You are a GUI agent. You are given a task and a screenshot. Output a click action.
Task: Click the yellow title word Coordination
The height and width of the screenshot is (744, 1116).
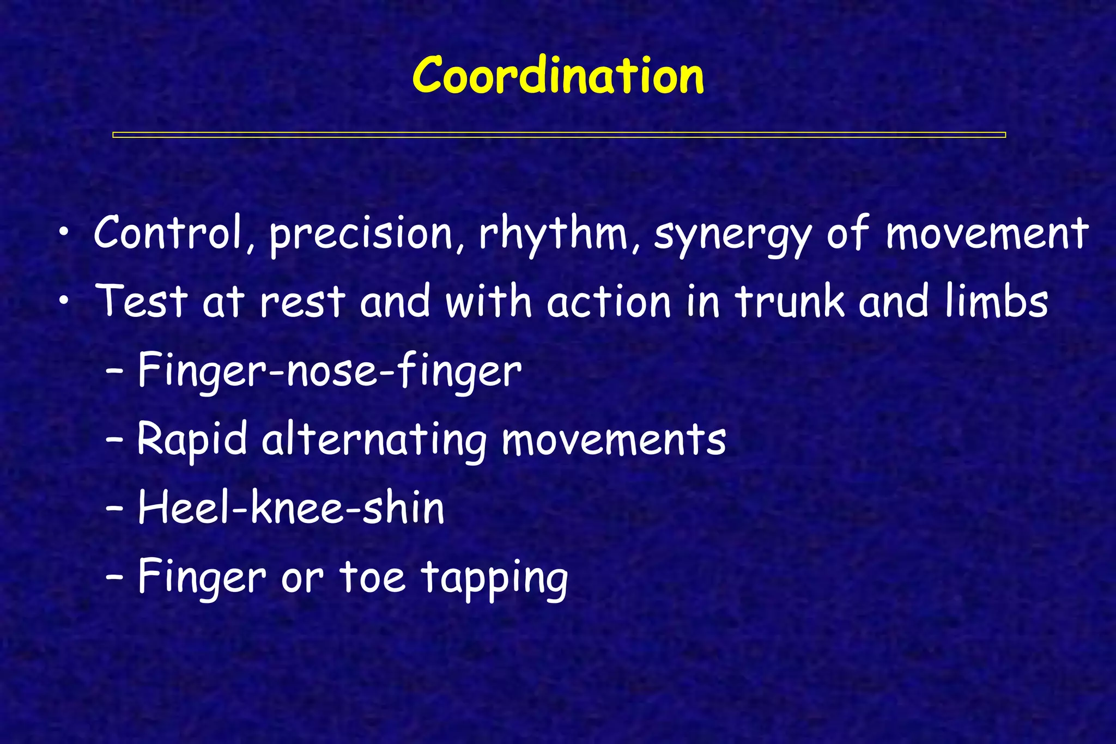[x=558, y=76]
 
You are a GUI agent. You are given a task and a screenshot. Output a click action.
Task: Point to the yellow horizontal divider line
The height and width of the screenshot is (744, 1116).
[x=559, y=135]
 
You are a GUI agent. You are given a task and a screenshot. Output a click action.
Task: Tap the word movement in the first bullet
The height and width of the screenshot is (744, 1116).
[x=987, y=234]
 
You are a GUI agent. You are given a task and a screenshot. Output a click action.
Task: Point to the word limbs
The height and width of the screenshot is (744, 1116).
[x=997, y=301]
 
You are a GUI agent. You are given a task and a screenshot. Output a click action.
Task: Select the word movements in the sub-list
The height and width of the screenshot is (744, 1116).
[x=614, y=440]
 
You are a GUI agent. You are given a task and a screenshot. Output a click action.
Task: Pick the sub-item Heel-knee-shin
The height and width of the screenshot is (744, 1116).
[x=291, y=509]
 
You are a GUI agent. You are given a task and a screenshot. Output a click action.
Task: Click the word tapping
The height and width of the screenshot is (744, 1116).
[x=495, y=579]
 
